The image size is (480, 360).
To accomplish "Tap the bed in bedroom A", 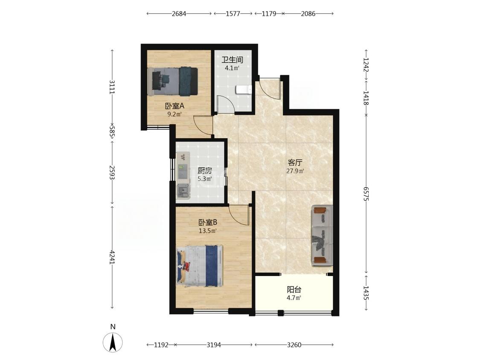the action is [172, 81].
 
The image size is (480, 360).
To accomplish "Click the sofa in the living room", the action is [323, 235].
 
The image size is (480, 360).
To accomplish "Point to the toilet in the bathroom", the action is [244, 90].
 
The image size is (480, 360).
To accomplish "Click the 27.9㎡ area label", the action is [295, 171].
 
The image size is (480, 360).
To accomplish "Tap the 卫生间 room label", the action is [233, 59].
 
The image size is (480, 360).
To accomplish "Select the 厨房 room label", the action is [204, 171].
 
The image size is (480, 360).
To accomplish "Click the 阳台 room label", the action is [294, 289].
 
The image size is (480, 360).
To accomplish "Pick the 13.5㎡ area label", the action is [208, 231].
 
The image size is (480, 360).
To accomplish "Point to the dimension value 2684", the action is [179, 14].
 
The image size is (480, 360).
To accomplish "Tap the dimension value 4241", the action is [112, 257].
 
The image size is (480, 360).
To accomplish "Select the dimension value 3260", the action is [294, 345].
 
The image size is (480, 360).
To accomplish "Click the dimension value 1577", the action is [233, 14].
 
